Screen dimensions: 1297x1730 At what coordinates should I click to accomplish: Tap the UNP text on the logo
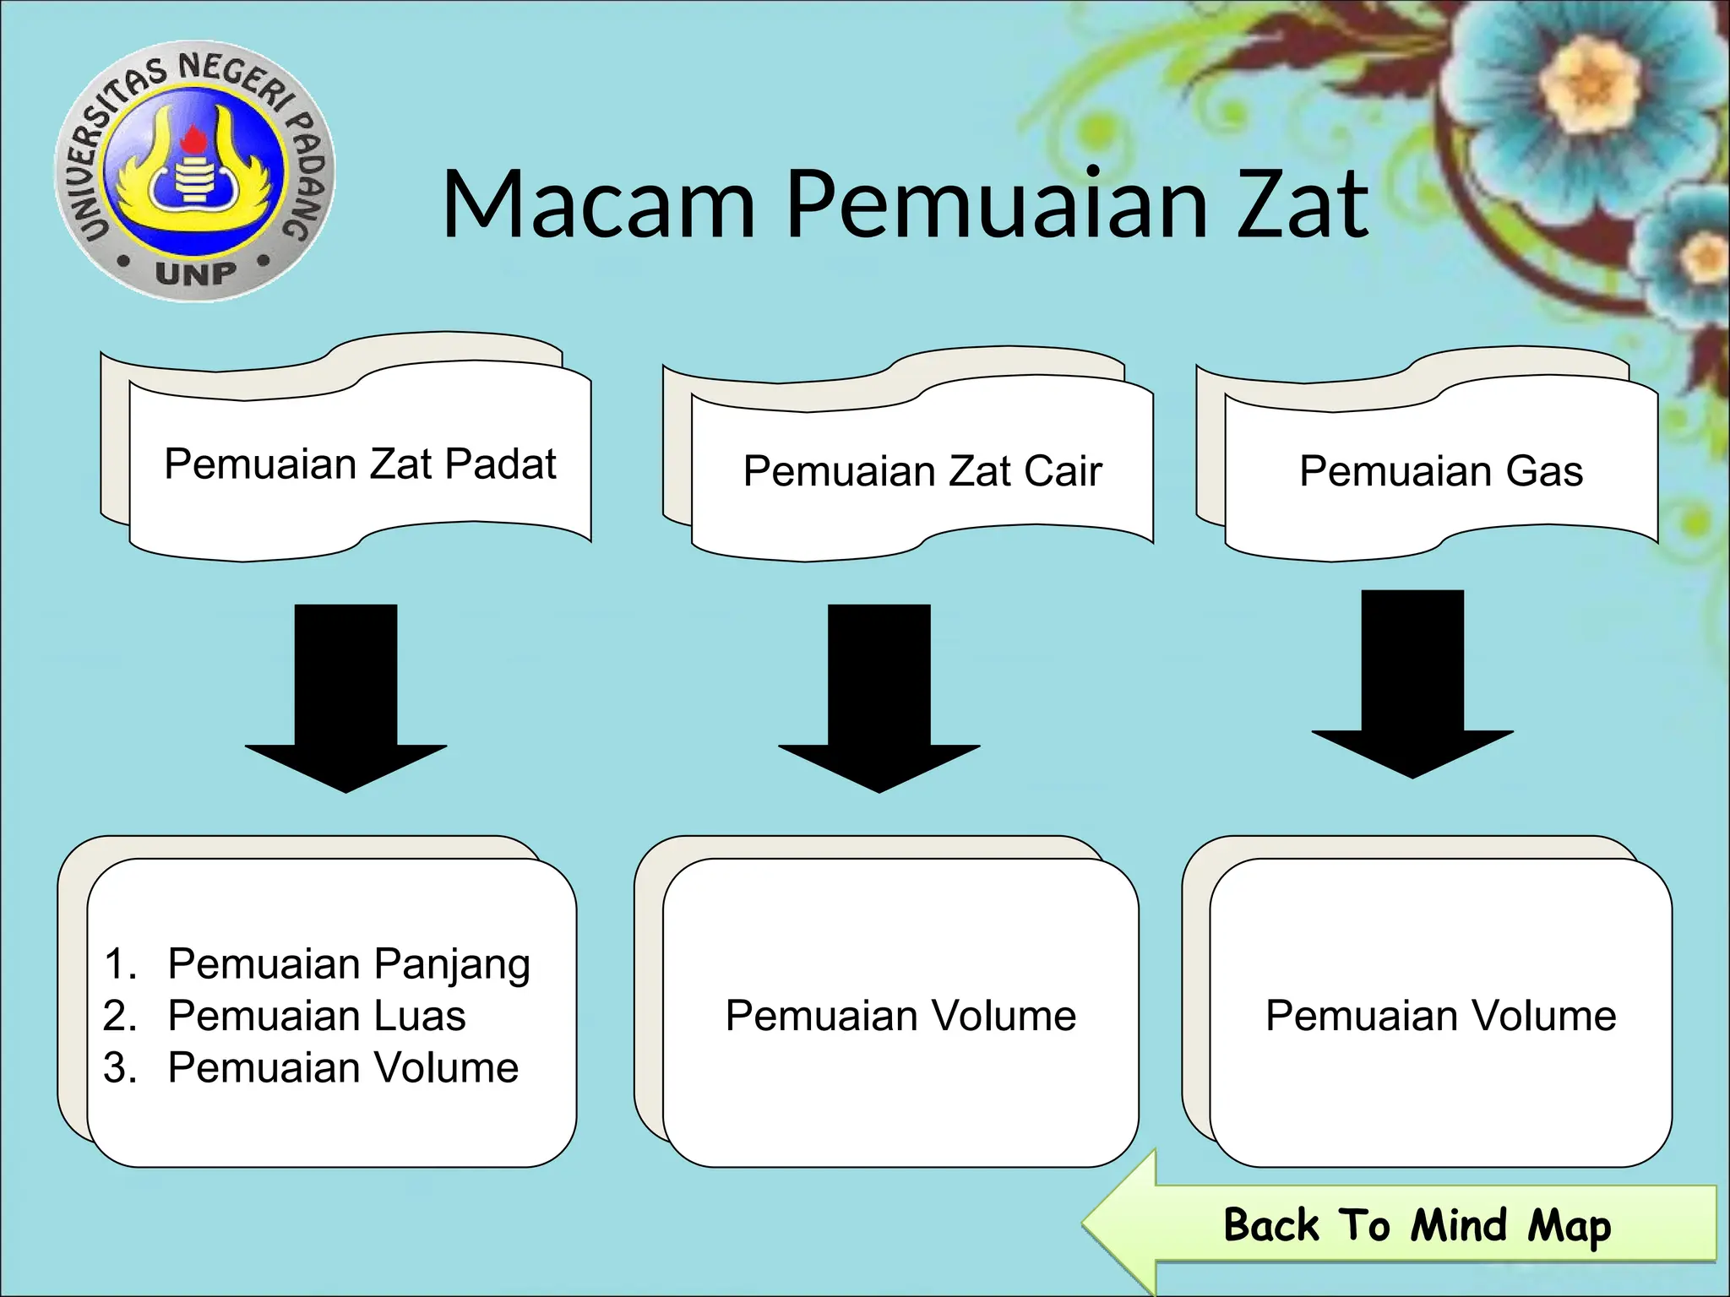[196, 273]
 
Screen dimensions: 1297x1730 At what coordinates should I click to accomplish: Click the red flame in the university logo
[195, 140]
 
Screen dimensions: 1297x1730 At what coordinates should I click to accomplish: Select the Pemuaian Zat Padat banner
[360, 464]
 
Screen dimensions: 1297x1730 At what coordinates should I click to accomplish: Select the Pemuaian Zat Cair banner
[922, 470]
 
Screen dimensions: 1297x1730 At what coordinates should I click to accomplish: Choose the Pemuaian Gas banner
[1440, 470]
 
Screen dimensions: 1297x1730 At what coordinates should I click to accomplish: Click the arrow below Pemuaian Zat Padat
[345, 697]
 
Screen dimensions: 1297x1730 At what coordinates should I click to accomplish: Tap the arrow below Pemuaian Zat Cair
[879, 697]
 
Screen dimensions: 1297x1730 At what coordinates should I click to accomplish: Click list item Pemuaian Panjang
[348, 964]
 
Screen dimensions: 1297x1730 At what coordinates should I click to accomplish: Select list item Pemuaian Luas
[316, 1016]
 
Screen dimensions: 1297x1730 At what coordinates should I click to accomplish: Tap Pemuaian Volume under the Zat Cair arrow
[900, 1016]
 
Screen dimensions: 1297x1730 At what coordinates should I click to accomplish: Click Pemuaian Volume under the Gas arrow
[1440, 1016]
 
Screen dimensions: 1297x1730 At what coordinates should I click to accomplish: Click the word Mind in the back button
[1459, 1225]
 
